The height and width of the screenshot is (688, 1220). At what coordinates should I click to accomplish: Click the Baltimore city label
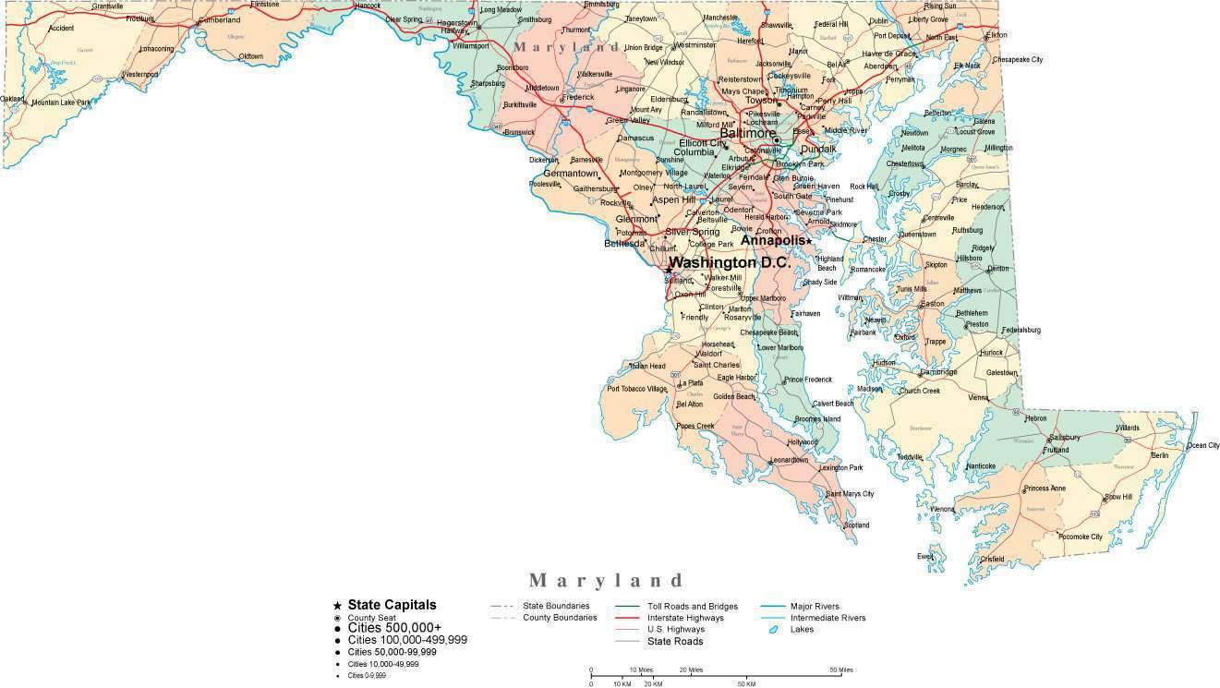pos(748,133)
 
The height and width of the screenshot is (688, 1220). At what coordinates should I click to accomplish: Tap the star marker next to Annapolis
pos(808,241)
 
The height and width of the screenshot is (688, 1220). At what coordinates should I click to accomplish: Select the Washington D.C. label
pos(729,262)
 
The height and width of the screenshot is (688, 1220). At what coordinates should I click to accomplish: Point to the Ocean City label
pos(1202,445)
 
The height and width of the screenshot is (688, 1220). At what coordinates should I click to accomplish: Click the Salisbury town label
pos(1065,437)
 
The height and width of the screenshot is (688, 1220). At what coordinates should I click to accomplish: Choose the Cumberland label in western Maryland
pos(219,19)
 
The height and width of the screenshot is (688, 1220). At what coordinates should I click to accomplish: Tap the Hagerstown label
pos(457,22)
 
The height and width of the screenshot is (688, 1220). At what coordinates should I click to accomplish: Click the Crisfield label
pos(992,559)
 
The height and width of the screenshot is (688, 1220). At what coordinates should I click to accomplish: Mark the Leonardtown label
pos(790,460)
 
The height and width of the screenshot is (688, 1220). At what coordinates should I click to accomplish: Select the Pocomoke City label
pos(1080,537)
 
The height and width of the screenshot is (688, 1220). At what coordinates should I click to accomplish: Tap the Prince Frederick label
pos(808,380)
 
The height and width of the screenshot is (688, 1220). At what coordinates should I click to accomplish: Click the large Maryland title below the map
pos(607,580)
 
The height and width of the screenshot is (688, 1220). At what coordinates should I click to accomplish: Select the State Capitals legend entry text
pos(392,605)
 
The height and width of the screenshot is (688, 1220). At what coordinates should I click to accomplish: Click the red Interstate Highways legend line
pos(628,618)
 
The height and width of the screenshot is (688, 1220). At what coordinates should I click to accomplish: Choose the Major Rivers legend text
pos(815,606)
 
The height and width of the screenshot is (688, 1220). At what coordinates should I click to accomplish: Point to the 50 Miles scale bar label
pos(840,670)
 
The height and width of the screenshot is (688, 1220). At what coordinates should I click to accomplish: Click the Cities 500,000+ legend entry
pos(394,628)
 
